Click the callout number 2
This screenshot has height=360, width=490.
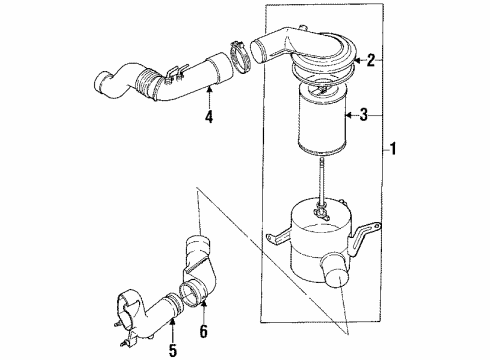pyautogui.click(x=370, y=61)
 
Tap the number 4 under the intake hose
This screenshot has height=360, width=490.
pyautogui.click(x=209, y=117)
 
